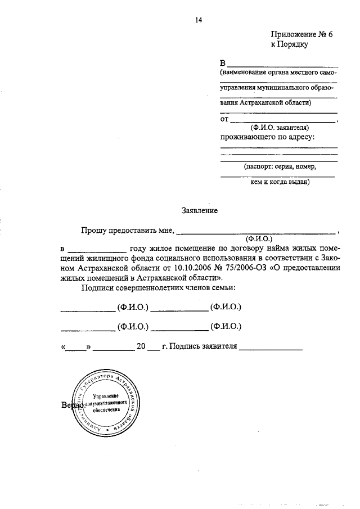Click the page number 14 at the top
point(198,21)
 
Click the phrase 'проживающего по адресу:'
point(267,137)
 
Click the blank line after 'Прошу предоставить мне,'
point(259,232)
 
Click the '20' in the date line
point(141,346)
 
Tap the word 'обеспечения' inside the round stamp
point(105,411)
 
